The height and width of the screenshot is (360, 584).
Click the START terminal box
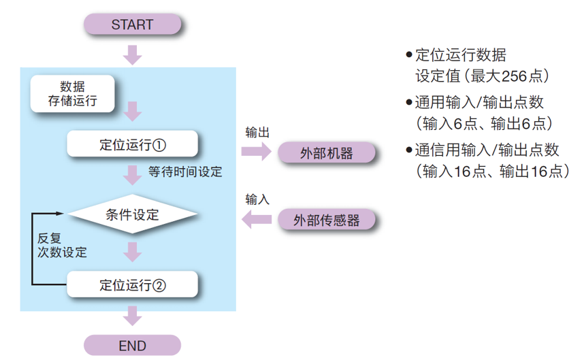pyautogui.click(x=132, y=24)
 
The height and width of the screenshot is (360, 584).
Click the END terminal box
pyautogui.click(x=132, y=345)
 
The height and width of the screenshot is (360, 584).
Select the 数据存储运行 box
pyautogui.click(x=72, y=95)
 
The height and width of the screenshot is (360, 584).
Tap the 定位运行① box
pyautogui.click(x=132, y=144)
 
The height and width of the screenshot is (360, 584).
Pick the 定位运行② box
pyautogui.click(x=132, y=284)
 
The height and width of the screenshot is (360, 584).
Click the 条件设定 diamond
pyautogui.click(x=132, y=215)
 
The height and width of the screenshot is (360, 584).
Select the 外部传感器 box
pyautogui.click(x=327, y=220)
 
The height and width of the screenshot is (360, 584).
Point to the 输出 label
pyautogui.click(x=257, y=132)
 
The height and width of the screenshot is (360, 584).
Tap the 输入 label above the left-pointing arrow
pyautogui.click(x=257, y=199)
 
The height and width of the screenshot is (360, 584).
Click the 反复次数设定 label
pyautogui.click(x=62, y=246)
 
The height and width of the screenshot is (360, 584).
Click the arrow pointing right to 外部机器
pyautogui.click(x=257, y=152)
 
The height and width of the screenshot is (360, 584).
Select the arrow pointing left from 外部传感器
pyautogui.click(x=257, y=219)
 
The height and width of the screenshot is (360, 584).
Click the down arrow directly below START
pyautogui.click(x=133, y=54)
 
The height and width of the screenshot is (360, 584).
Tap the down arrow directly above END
pyautogui.click(x=133, y=316)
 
